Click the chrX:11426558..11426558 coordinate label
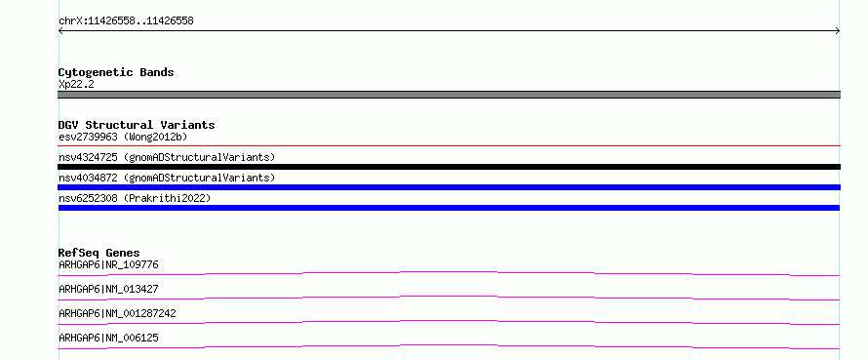(126, 21)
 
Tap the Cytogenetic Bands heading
(116, 72)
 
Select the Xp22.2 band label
(76, 84)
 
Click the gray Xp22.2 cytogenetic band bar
(449, 95)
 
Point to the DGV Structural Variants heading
(137, 125)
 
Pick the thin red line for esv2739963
(449, 145)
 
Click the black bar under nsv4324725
(449, 167)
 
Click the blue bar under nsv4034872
(449, 187)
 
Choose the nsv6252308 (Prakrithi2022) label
(135, 198)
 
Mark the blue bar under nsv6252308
(449, 208)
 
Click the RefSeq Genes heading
(99, 253)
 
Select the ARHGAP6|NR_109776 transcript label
(108, 264)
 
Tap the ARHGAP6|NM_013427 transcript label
(108, 289)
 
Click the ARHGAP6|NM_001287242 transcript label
(117, 313)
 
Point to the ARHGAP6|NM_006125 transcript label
(108, 338)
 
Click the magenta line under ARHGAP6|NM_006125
(449, 345)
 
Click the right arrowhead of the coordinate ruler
(838, 31)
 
